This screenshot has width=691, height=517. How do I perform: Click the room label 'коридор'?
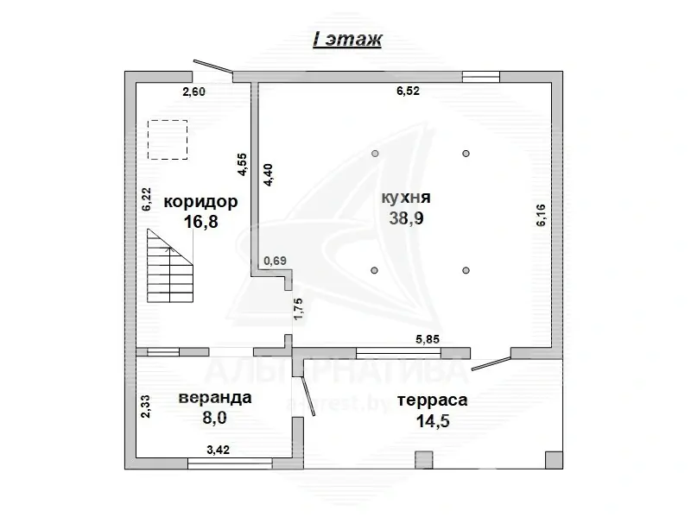pyautogui.click(x=200, y=202)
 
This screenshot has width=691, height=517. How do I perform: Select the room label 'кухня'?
pyautogui.click(x=405, y=198)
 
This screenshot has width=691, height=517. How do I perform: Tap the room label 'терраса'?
pyautogui.click(x=432, y=400)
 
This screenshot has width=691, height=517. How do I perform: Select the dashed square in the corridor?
pyautogui.click(x=168, y=140)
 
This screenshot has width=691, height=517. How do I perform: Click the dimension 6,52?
pyautogui.click(x=408, y=91)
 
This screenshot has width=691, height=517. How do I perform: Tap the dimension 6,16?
pyautogui.click(x=542, y=214)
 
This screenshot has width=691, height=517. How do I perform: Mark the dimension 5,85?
pyautogui.click(x=428, y=339)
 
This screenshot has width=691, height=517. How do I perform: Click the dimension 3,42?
pyautogui.click(x=218, y=450)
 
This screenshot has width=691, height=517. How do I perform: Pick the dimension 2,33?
pyautogui.click(x=147, y=406)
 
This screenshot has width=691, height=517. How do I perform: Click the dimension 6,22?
pyautogui.click(x=147, y=200)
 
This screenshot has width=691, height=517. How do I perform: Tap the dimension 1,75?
pyautogui.click(x=298, y=309)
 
